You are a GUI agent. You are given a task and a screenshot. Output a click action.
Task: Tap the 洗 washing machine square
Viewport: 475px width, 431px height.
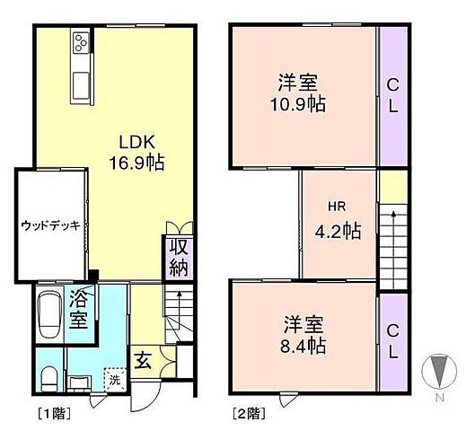click(115, 380)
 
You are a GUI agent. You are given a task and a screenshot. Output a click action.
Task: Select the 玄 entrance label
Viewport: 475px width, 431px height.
click(144, 361)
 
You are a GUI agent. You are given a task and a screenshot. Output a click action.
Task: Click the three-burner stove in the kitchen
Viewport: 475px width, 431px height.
click(81, 43)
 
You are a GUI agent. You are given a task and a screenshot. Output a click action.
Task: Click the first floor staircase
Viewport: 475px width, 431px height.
click(178, 314)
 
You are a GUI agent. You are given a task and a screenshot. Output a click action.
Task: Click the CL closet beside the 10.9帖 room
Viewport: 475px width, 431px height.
click(393, 96)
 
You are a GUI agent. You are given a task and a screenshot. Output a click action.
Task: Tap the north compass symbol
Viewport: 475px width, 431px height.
click(438, 374)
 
